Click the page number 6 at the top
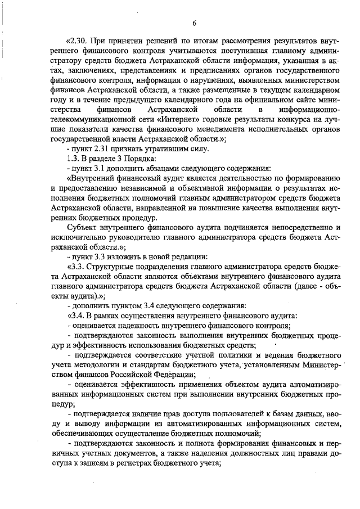[193, 23]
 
